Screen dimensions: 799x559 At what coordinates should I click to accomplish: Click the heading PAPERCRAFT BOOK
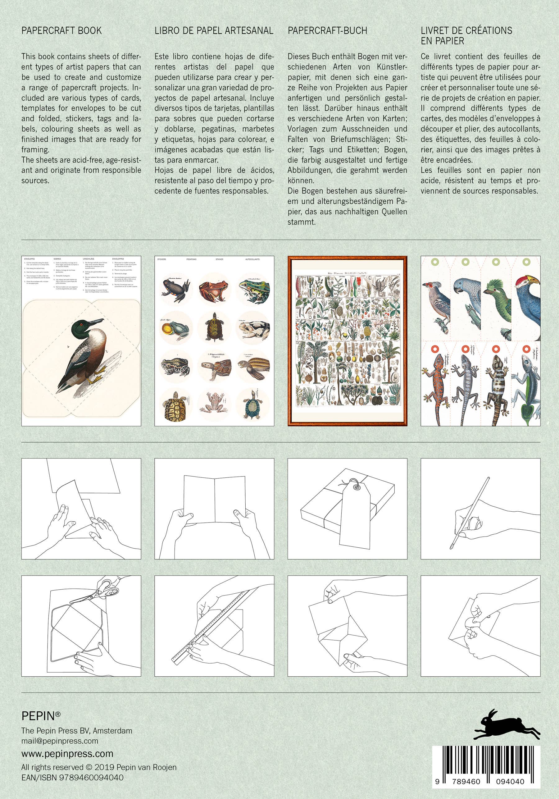click(61, 31)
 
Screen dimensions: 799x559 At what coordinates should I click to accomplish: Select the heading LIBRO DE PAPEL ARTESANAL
click(214, 31)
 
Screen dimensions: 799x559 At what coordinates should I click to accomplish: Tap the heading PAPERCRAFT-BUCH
click(327, 31)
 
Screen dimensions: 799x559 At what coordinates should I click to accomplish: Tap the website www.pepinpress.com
click(67, 754)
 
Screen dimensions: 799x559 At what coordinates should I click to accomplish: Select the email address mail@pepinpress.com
click(60, 741)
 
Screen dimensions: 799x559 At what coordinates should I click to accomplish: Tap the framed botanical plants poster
click(347, 341)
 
